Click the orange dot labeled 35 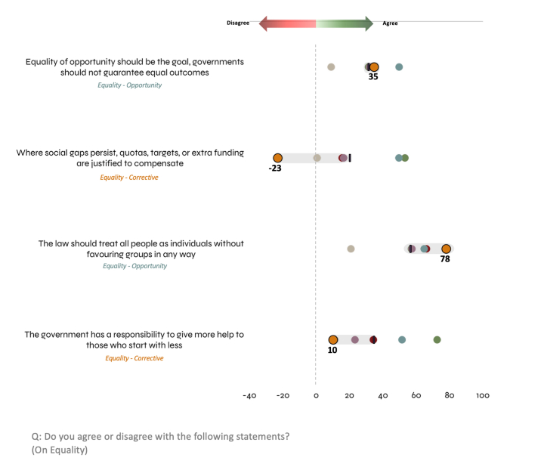pyautogui.click(x=374, y=67)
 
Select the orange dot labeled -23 pyautogui.click(x=277, y=158)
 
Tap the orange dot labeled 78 pyautogui.click(x=447, y=249)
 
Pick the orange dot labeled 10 pyautogui.click(x=333, y=340)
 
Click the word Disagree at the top pyautogui.click(x=238, y=23)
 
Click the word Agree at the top pyautogui.click(x=390, y=23)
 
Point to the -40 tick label pyautogui.click(x=249, y=395)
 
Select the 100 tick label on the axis pyautogui.click(x=483, y=395)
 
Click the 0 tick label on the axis pyautogui.click(x=316, y=395)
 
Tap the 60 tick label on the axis pyautogui.click(x=416, y=395)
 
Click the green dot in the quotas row pyautogui.click(x=405, y=158)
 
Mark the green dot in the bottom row pyautogui.click(x=437, y=340)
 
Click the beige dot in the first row pyautogui.click(x=331, y=67)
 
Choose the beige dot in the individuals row pyautogui.click(x=351, y=249)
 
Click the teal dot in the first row pyautogui.click(x=399, y=67)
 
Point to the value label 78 pyautogui.click(x=446, y=259)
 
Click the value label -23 pyautogui.click(x=275, y=169)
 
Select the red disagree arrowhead pyautogui.click(x=264, y=23)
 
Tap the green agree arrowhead pyautogui.click(x=369, y=23)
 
